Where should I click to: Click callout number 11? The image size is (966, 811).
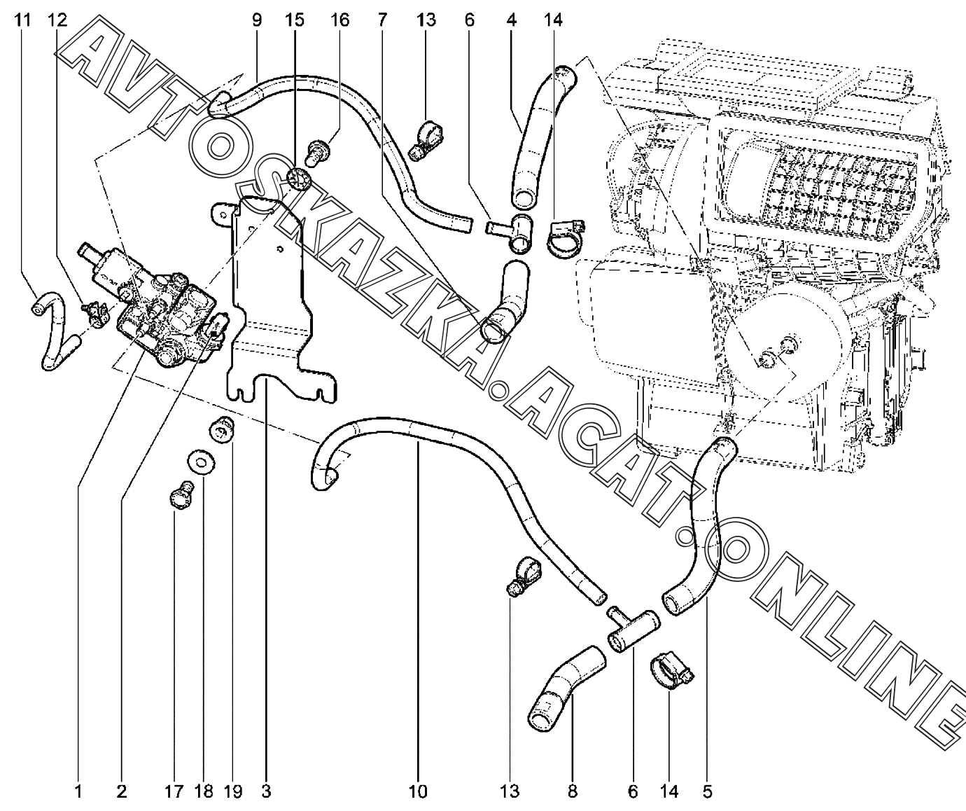[x=22, y=20]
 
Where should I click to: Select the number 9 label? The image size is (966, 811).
[x=257, y=20]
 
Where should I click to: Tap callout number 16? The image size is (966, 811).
[x=339, y=20]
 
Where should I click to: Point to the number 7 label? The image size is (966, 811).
[x=381, y=20]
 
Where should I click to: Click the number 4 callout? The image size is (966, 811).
[x=511, y=20]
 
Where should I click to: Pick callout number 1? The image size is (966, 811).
[x=78, y=791]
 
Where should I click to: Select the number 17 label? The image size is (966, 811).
[x=174, y=791]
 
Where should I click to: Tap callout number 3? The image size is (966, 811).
[x=266, y=791]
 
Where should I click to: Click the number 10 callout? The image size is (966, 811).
[x=418, y=791]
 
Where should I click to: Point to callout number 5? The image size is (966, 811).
[x=708, y=791]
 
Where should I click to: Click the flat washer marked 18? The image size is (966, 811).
[x=202, y=462]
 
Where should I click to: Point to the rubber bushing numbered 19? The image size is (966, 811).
[x=222, y=429]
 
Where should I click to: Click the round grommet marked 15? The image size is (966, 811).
[x=298, y=179]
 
